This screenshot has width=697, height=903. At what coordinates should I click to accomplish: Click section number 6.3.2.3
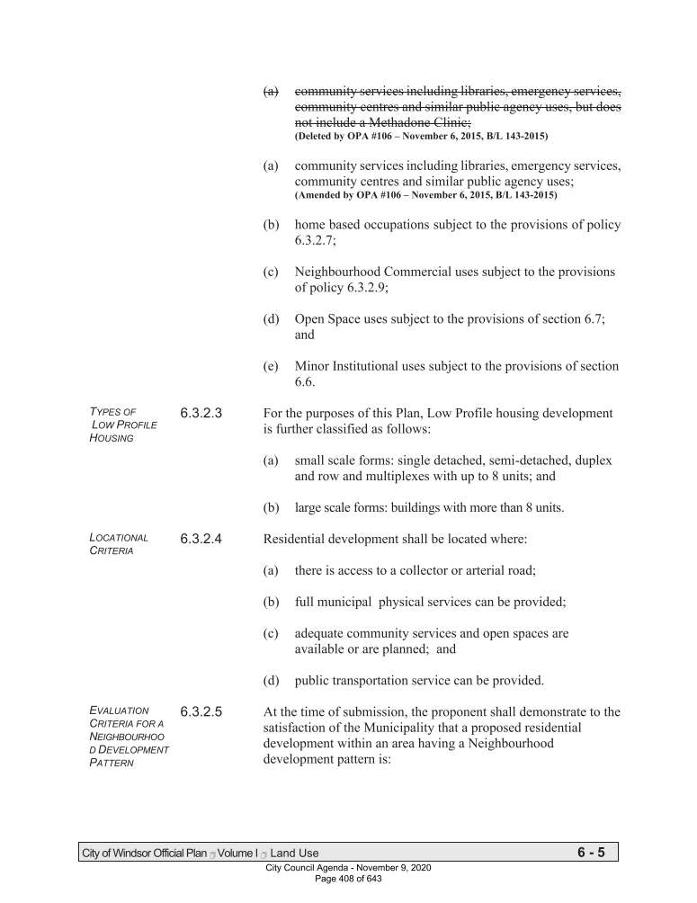click(x=202, y=414)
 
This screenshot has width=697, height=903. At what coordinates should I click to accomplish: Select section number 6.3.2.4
click(x=202, y=540)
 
